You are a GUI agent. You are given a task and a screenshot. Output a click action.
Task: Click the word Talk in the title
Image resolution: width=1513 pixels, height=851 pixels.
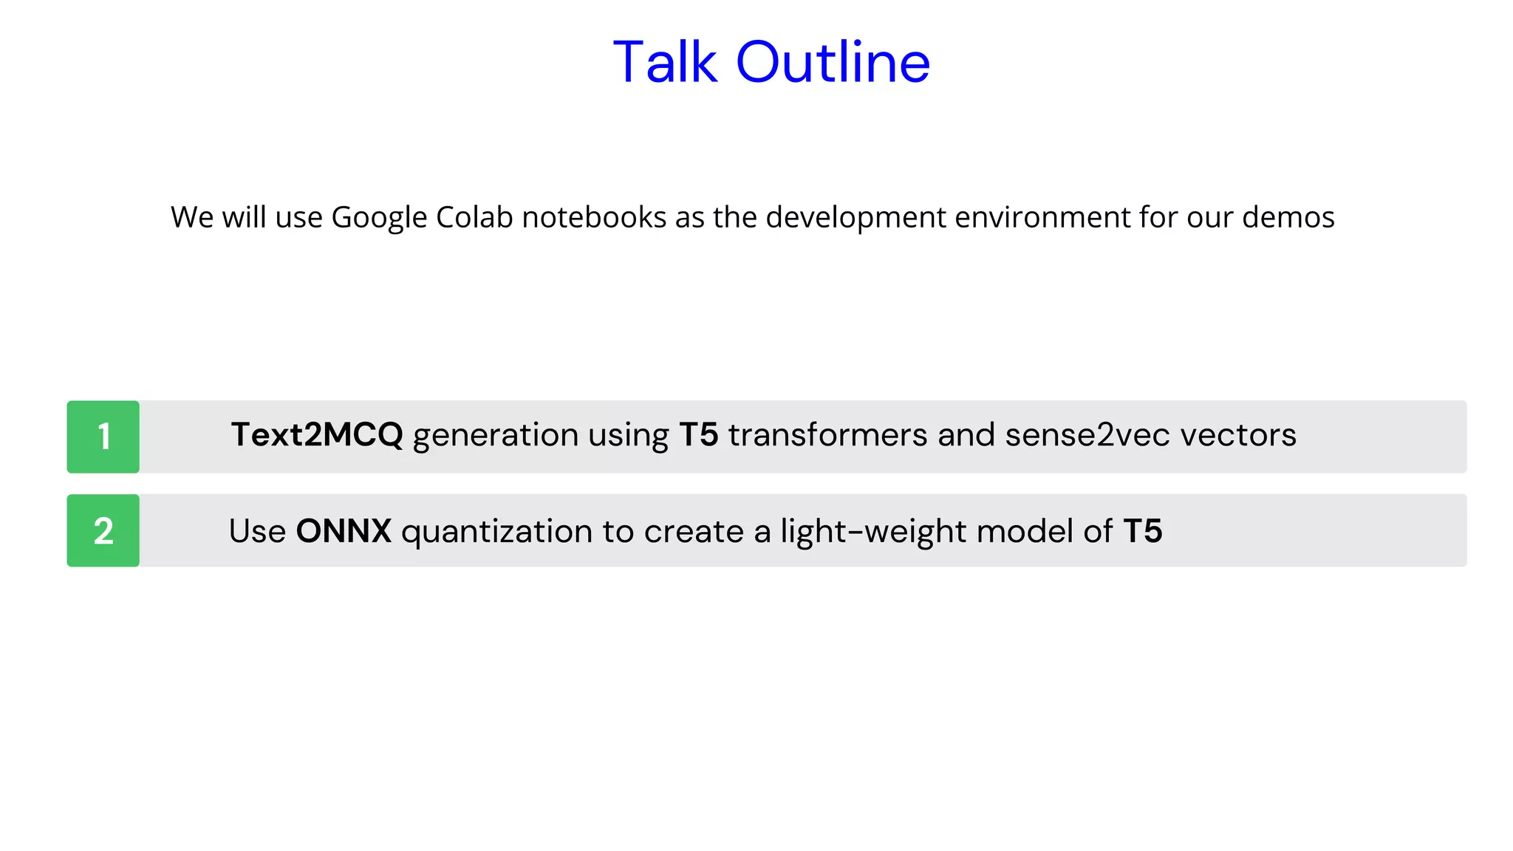[x=665, y=62]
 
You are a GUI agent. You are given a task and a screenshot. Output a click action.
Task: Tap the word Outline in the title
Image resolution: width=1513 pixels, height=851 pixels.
[x=833, y=62]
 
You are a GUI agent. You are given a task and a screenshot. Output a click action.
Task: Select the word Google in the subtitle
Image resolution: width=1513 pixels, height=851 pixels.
[x=379, y=218]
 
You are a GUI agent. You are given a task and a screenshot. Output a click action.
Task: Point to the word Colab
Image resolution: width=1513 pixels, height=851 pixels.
[x=474, y=217]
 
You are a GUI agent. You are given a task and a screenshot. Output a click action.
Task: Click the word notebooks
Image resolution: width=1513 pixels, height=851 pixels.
[x=594, y=217]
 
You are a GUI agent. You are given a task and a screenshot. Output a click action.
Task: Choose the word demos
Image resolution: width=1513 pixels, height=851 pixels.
[x=1288, y=217]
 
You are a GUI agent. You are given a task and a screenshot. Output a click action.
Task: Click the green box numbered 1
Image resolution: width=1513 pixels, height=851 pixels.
[x=103, y=437]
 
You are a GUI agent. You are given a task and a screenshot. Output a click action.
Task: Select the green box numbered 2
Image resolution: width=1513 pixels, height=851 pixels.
[x=103, y=530]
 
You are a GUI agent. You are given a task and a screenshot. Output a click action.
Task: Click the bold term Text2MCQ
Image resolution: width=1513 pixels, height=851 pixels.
[x=317, y=434]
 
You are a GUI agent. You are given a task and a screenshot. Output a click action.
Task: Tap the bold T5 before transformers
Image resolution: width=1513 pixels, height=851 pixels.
[x=698, y=434]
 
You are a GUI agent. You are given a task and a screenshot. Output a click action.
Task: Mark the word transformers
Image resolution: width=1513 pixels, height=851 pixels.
[x=827, y=434]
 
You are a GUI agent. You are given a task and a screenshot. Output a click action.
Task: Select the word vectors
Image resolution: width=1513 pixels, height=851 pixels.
[x=1238, y=434]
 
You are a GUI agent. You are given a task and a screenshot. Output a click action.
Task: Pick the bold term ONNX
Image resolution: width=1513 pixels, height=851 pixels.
[x=344, y=531]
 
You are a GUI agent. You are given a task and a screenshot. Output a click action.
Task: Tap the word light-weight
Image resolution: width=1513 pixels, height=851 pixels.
[x=872, y=532]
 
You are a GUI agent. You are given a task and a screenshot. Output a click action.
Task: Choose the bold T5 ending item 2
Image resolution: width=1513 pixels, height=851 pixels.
[x=1142, y=531]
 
